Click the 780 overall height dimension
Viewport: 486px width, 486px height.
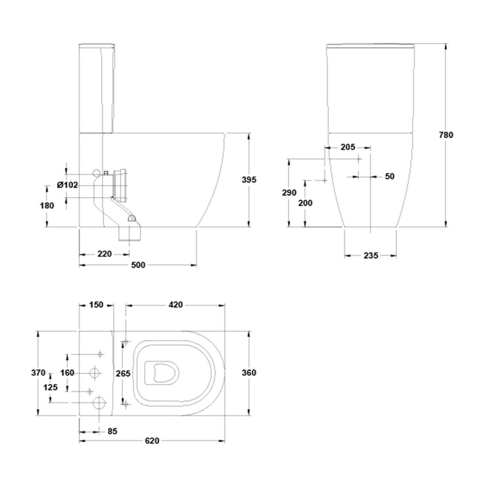pos(446,135)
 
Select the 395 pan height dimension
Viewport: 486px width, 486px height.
pos(249,180)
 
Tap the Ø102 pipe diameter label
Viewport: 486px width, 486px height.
pos(67,185)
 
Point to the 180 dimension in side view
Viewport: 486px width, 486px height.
pos(47,205)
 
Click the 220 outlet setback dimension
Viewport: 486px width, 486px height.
pos(104,254)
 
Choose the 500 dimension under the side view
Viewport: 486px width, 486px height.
pos(138,265)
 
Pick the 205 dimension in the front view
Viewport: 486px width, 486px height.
pos(348,147)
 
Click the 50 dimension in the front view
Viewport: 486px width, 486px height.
pos(390,176)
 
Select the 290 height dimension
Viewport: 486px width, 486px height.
pos(289,193)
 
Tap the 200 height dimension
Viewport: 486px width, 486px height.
pos(305,203)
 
